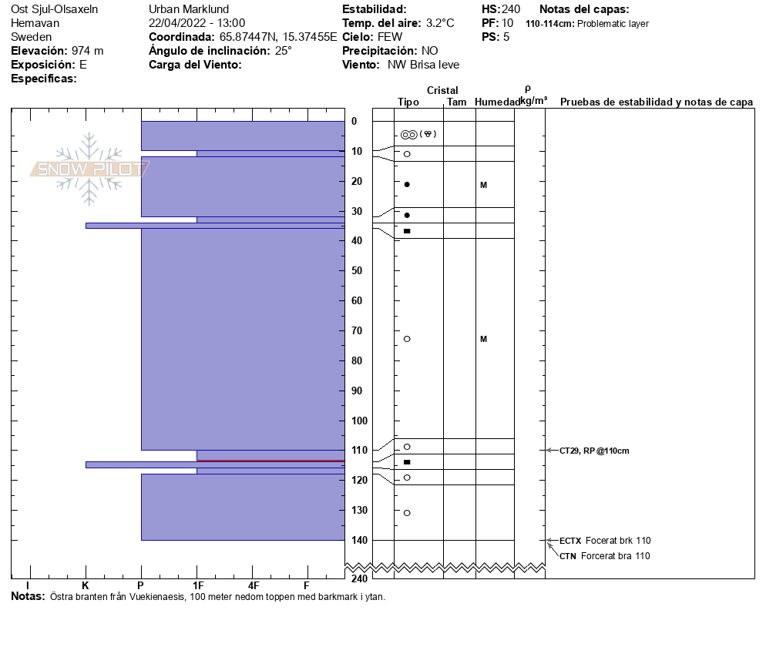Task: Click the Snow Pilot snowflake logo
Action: [x=89, y=169]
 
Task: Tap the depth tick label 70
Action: [x=357, y=330]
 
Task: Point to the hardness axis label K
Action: [x=86, y=586]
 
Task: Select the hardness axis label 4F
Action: [x=253, y=586]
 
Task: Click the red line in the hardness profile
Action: [x=270, y=461]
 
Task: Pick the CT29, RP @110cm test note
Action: [x=594, y=451]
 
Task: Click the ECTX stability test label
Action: [x=570, y=541]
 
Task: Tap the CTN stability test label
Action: [x=568, y=556]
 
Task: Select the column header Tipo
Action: [x=408, y=102]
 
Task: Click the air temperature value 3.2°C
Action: [x=444, y=23]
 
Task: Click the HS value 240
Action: [x=511, y=9]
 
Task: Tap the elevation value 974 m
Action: [x=87, y=51]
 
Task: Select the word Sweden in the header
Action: [x=32, y=37]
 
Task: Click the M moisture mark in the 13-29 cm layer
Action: [x=483, y=185]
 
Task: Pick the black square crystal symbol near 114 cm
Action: [x=407, y=462]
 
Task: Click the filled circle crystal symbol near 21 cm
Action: [x=407, y=184]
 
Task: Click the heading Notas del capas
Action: [x=584, y=9]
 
